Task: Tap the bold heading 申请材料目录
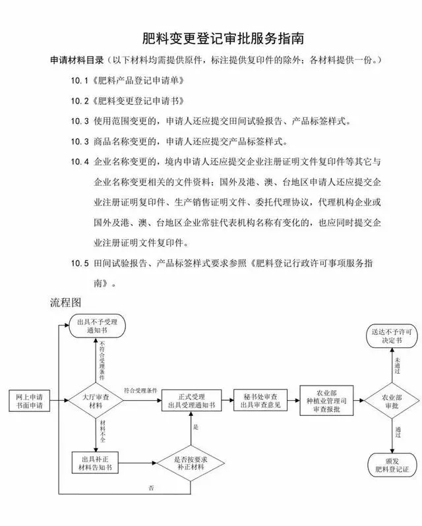(x=77, y=61)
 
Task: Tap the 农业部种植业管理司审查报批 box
(x=327, y=401)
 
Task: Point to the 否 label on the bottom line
(x=151, y=488)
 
